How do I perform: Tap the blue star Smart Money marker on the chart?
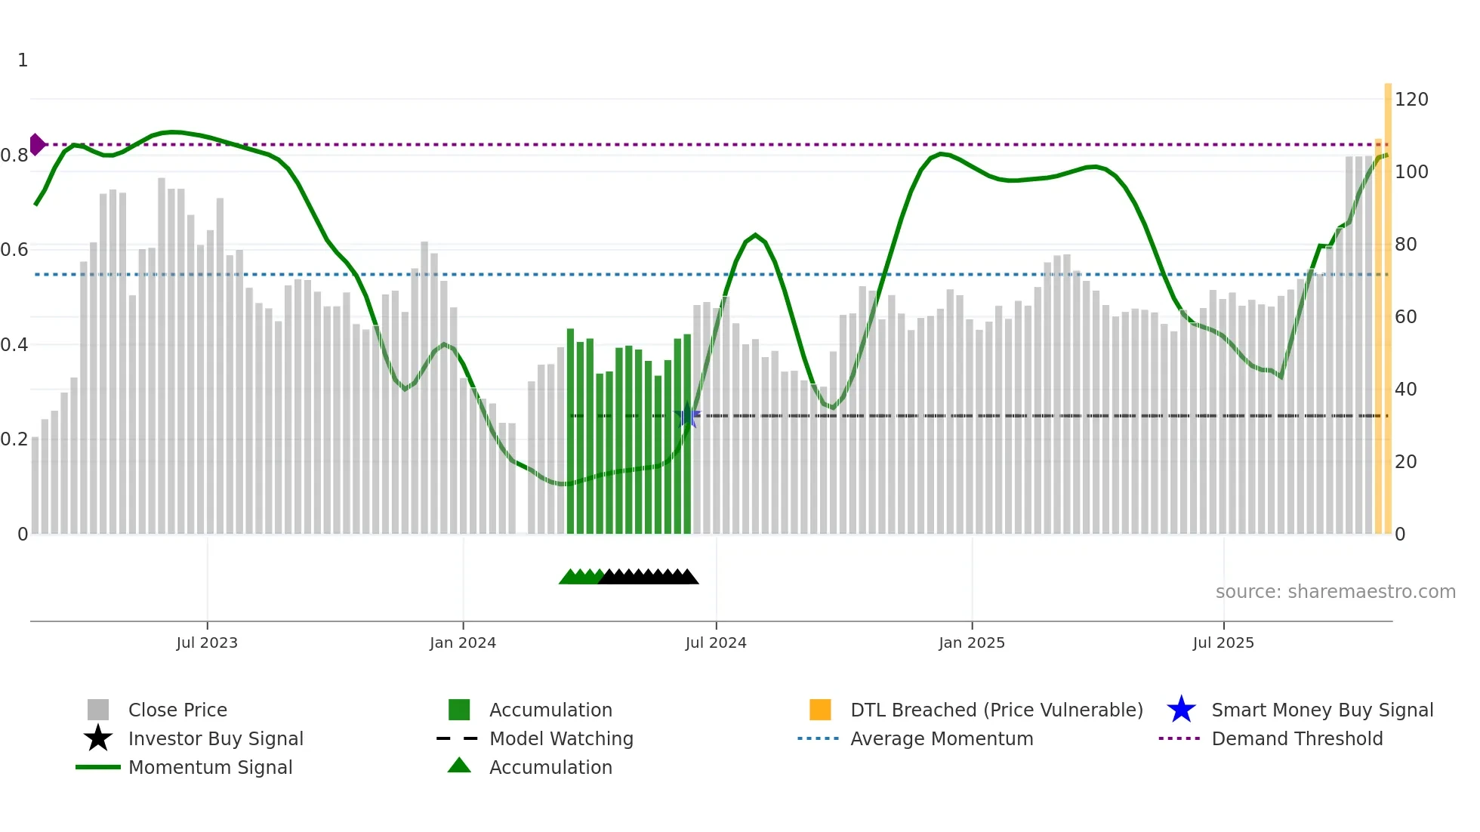(x=687, y=416)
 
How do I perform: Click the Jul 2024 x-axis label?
(x=715, y=642)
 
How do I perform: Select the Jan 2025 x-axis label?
(x=971, y=642)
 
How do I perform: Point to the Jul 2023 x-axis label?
(x=207, y=642)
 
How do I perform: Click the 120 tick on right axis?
(x=1411, y=100)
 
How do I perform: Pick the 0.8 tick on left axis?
(x=15, y=156)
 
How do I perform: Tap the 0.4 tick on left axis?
(x=15, y=345)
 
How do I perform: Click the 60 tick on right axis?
(x=1405, y=317)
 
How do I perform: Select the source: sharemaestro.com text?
(x=1335, y=592)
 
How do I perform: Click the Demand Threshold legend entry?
(x=1297, y=738)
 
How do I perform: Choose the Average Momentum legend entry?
(x=941, y=738)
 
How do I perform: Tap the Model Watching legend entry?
(x=560, y=738)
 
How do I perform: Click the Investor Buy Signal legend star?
(x=98, y=738)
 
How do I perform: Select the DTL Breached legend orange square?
(x=820, y=710)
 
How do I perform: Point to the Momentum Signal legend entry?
(x=210, y=767)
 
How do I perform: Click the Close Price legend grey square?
(x=98, y=710)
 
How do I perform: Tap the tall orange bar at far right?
(x=1388, y=302)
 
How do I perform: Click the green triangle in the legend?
(x=459, y=766)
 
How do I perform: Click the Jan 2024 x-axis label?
(x=462, y=642)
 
